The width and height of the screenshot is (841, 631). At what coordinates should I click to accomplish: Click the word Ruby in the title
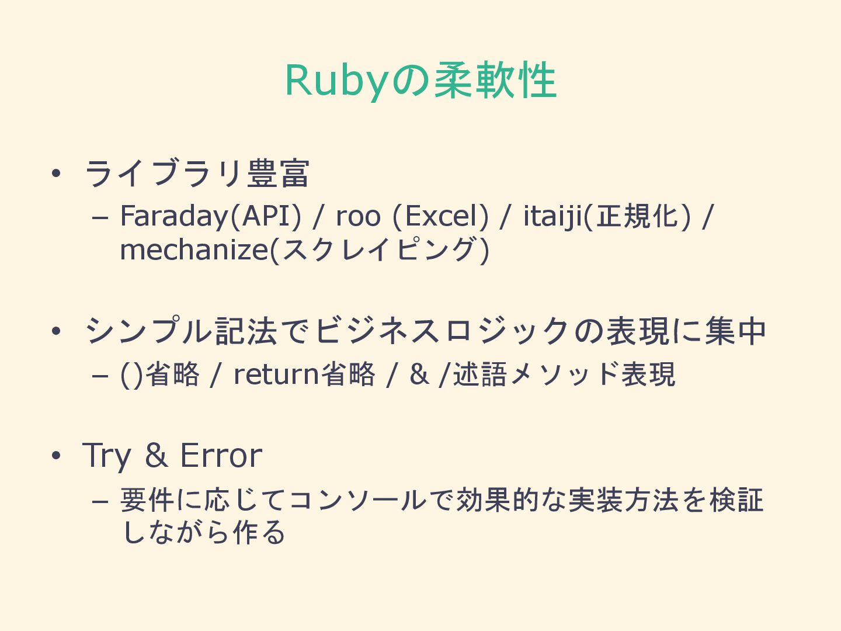point(336,81)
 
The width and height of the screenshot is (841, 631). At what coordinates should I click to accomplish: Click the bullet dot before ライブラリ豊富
point(56,174)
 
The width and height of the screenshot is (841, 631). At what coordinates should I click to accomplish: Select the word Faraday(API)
point(211,216)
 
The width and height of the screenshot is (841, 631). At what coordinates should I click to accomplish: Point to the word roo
point(358,216)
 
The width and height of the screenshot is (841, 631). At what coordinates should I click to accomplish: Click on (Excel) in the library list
point(440,216)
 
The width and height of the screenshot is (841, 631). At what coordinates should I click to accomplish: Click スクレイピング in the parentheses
point(380,250)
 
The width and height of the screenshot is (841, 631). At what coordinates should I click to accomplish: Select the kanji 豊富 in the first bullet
point(278,174)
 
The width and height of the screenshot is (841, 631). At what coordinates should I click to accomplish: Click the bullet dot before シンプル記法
point(56,331)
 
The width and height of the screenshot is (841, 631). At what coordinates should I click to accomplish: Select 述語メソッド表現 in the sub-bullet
point(564,375)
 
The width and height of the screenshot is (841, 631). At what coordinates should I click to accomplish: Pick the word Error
point(221,456)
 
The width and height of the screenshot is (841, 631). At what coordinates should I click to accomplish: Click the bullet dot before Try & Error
point(56,456)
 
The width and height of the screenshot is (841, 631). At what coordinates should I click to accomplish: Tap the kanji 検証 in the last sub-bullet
point(736,501)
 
